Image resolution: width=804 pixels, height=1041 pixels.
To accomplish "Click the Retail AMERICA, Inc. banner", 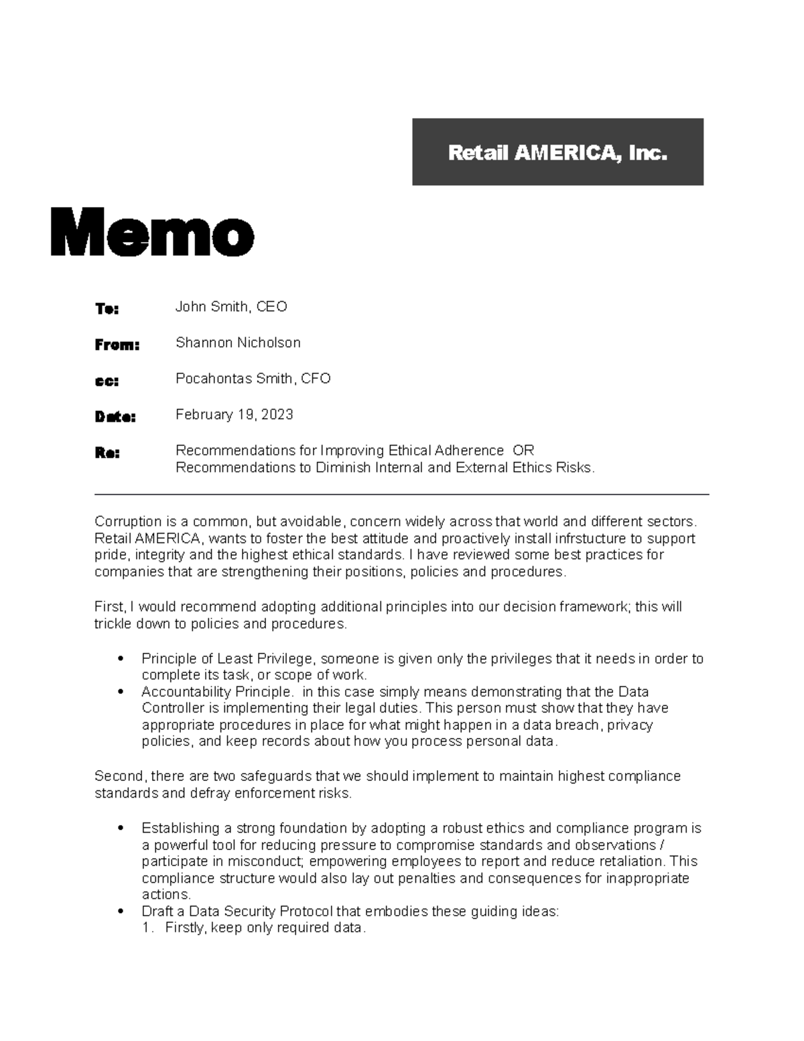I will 557,152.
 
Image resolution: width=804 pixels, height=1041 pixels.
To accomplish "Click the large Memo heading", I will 152,232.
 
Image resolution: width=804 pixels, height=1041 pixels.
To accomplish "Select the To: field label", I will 107,308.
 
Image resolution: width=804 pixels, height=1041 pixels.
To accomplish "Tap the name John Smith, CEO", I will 231,307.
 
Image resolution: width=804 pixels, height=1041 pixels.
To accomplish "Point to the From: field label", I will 117,345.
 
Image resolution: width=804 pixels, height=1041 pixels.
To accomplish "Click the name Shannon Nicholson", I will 238,343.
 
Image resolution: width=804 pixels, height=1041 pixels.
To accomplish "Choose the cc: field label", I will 107,381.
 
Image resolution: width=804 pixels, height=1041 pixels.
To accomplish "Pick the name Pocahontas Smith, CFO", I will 253,379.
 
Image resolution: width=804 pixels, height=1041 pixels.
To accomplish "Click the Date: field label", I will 115,417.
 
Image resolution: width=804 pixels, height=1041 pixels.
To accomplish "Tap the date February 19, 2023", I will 234,415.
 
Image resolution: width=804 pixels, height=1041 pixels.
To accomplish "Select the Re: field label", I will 107,453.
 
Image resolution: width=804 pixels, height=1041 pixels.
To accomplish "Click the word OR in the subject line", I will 523,450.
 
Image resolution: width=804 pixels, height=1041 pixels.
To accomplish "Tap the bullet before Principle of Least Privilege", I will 121,660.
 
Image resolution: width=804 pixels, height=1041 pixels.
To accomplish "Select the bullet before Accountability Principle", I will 121,692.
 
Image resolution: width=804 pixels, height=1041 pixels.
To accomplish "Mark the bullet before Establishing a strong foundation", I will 121,829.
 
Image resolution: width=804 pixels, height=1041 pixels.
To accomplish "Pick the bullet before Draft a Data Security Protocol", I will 121,912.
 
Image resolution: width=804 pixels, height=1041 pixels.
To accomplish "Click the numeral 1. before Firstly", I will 148,928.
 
